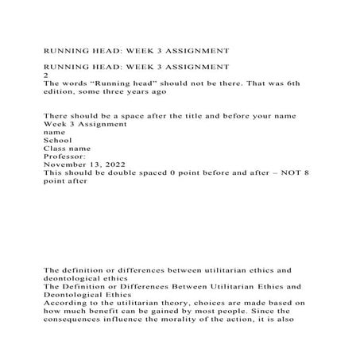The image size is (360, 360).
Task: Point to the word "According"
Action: (x=66, y=303)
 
